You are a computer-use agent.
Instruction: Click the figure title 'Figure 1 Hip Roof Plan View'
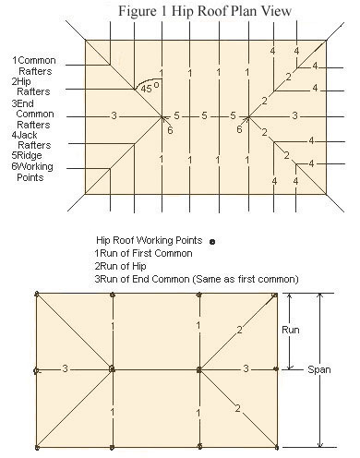(205, 11)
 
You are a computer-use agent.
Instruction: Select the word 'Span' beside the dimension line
(319, 369)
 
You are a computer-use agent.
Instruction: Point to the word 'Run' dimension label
(291, 330)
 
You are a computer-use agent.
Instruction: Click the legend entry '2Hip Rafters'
(30, 87)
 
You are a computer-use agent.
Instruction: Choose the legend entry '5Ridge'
(27, 155)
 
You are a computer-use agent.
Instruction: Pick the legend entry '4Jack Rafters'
(31, 140)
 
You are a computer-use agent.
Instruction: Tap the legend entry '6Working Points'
(32, 172)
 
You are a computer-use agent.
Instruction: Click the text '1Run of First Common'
(143, 253)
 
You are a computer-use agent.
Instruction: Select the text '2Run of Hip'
(120, 266)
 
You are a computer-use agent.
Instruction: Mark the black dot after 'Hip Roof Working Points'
(212, 242)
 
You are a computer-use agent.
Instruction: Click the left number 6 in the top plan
(170, 130)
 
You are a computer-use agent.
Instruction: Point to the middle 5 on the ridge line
(204, 115)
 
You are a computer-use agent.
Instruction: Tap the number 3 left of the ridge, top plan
(114, 115)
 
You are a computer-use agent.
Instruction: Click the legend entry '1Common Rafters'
(34, 66)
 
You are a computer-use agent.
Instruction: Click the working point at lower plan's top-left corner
(37, 294)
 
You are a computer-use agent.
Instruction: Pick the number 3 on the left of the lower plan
(65, 368)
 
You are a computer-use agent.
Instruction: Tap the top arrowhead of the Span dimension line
(320, 295)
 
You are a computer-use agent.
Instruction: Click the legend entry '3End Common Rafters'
(32, 114)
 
